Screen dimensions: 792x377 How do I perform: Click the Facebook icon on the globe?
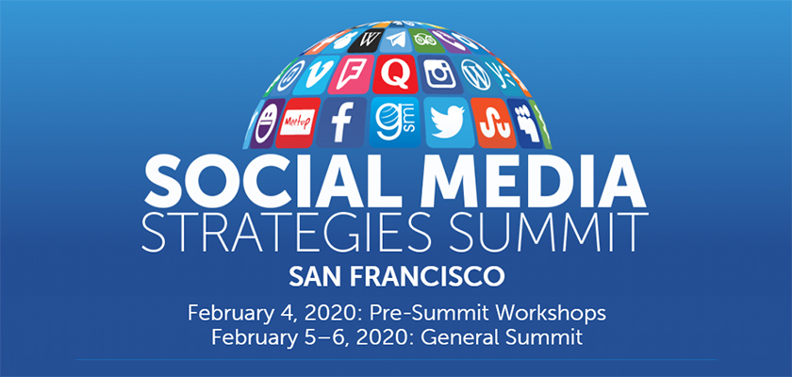tap(342, 123)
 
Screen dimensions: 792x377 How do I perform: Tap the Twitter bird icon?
tap(448, 123)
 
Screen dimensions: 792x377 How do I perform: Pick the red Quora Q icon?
tap(395, 74)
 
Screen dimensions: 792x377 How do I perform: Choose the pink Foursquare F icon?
tap(350, 74)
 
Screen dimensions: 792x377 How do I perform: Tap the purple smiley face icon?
tap(266, 123)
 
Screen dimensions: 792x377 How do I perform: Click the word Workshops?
tap(551, 313)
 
